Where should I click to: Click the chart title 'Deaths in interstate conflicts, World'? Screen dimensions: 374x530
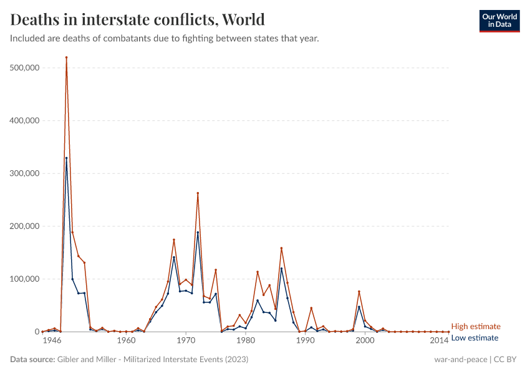pyautogui.click(x=137, y=19)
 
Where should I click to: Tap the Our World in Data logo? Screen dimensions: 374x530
pyautogui.click(x=499, y=21)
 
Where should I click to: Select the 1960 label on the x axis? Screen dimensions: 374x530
pyautogui.click(x=126, y=341)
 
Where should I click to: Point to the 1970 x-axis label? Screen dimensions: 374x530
pyautogui.click(x=186, y=341)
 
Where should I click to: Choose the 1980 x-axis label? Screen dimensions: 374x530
pyautogui.click(x=245, y=341)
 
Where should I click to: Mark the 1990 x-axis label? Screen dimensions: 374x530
pyautogui.click(x=305, y=341)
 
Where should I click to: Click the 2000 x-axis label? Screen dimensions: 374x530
pyautogui.click(x=365, y=341)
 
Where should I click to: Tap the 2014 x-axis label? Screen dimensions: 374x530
pyautogui.click(x=439, y=341)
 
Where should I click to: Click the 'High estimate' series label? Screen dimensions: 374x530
pyautogui.click(x=476, y=327)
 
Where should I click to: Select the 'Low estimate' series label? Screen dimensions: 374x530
pyautogui.click(x=475, y=338)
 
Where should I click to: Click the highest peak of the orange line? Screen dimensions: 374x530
pyautogui.click(x=66, y=57)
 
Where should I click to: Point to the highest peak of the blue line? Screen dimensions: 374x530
pyautogui.click(x=66, y=158)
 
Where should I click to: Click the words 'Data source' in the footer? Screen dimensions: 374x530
pyautogui.click(x=31, y=360)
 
